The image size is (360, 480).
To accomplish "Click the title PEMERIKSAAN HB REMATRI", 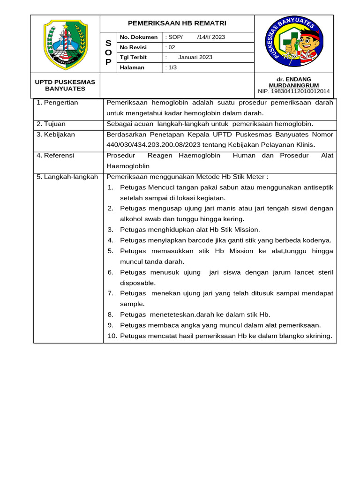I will coord(177,23).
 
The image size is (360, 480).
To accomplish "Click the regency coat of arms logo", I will coord(66,44).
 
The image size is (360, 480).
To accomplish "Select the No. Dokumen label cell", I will coord(139,37).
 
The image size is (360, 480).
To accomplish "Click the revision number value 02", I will coord(171,47).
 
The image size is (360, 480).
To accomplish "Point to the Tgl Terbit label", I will coord(133,57).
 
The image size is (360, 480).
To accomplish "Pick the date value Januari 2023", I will coord(195,57).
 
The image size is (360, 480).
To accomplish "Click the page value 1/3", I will coord(172,67).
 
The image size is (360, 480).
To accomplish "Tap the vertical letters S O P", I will coord(108,52).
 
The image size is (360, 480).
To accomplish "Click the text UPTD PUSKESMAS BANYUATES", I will coord(65,85).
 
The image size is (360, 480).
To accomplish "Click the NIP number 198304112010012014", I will coord(294,91).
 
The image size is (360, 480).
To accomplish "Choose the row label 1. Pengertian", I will coord(57,103).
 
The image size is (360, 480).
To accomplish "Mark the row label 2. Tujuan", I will coord(51,124).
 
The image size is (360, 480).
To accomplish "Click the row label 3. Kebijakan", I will coord(56,135).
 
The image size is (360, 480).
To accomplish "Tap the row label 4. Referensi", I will coord(55,156).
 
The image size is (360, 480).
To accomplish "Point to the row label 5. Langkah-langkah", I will coord(67,177).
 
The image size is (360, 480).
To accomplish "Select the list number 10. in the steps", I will coord(112,336).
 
